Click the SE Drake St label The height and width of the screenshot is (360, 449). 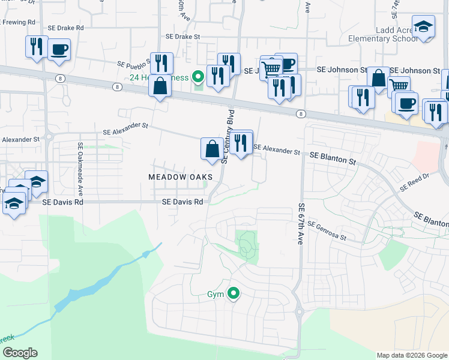pyautogui.click(x=182, y=37)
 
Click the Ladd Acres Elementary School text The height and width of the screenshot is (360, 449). pyautogui.click(x=382, y=34)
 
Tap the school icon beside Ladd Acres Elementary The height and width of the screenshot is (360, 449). pyautogui.click(x=424, y=28)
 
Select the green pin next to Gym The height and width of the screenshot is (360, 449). pyautogui.click(x=233, y=294)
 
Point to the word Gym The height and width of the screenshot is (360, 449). pyautogui.click(x=215, y=295)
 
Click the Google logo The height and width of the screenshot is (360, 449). pyautogui.click(x=19, y=353)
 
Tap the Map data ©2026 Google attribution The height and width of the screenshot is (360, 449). pyautogui.click(x=412, y=355)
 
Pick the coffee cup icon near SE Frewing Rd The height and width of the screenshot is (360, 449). pyautogui.click(x=59, y=50)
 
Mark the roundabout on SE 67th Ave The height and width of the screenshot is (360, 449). pyautogui.click(x=299, y=311)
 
